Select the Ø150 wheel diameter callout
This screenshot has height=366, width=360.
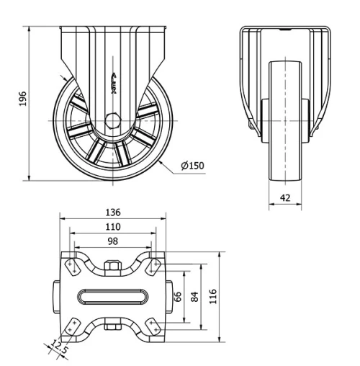(x=193, y=165)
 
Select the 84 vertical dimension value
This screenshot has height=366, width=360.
(x=194, y=296)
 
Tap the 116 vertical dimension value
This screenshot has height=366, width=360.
(x=213, y=296)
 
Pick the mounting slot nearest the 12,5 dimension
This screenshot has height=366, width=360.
(x=71, y=328)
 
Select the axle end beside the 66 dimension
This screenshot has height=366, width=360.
(x=171, y=297)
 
